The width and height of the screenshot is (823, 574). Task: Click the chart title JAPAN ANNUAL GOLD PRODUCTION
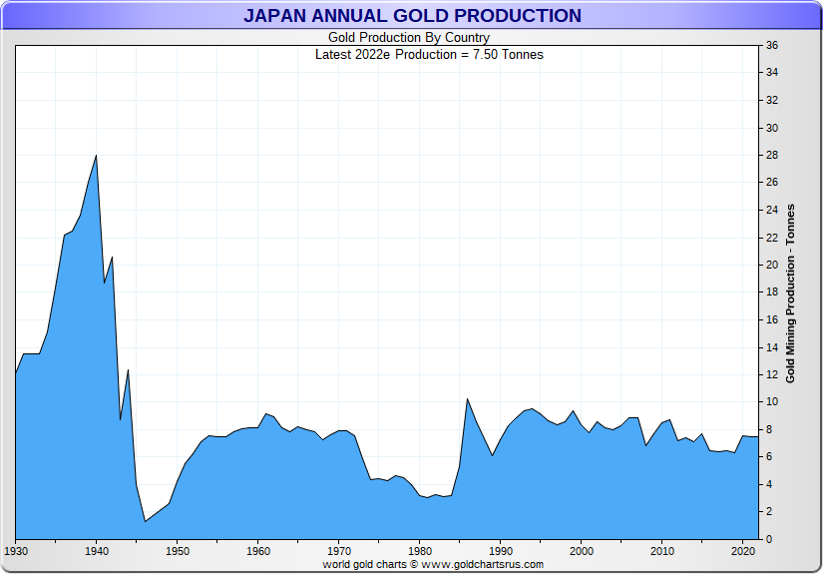coord(412,15)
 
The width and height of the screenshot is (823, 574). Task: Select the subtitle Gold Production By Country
coord(409,38)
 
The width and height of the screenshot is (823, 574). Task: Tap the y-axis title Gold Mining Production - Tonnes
coord(790,292)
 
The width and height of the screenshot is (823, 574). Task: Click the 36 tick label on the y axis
coord(772,46)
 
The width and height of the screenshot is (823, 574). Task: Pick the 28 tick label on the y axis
coord(772,156)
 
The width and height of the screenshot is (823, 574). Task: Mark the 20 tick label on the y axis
coord(772,266)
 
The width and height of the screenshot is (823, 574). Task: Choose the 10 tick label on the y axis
coord(772,402)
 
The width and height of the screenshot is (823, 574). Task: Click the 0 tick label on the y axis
coord(769,539)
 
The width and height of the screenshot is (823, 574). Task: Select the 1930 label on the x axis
coord(16,551)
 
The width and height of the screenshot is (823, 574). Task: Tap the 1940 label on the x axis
coord(97,551)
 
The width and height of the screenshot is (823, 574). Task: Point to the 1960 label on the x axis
coord(258,551)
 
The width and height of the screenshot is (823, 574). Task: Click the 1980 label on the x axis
coord(420,551)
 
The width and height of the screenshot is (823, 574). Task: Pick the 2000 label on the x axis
coord(582,551)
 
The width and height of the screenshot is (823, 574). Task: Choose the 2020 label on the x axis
coord(743,551)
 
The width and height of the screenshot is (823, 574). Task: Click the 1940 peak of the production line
coord(96,156)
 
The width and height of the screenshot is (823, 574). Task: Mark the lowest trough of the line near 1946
coord(145,521)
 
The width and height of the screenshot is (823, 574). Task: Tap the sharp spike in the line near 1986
coord(467,399)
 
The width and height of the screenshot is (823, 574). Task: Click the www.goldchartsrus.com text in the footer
coord(484,564)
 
